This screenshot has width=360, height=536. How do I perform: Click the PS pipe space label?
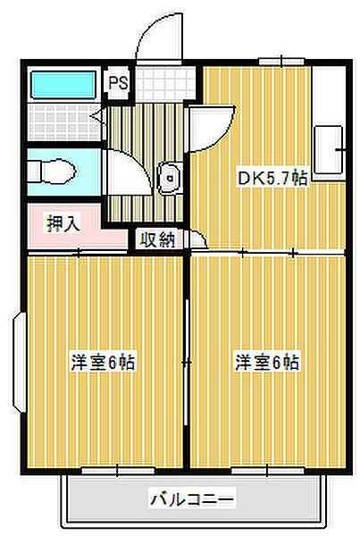point(118,84)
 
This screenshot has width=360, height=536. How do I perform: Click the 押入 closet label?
point(63,223)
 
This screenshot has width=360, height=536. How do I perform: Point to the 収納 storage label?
point(155,239)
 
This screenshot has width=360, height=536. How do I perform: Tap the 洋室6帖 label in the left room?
point(103,363)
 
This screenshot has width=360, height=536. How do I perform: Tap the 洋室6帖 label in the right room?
point(267,363)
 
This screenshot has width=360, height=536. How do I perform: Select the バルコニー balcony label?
point(191,498)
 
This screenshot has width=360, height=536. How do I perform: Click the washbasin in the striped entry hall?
point(168,179)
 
